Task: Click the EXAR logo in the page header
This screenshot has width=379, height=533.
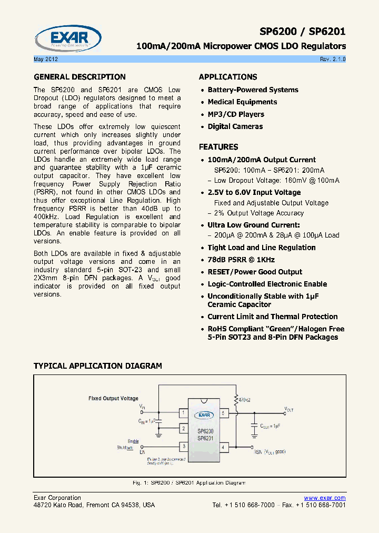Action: point(68,38)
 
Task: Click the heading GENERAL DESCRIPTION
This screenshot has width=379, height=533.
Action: point(79,77)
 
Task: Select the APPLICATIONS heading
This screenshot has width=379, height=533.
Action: point(228,77)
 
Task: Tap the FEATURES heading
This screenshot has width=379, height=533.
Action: point(218,147)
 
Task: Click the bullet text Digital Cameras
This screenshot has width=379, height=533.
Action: point(235,126)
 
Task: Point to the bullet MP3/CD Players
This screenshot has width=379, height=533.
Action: point(236,114)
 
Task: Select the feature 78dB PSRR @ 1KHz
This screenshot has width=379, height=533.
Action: point(241,260)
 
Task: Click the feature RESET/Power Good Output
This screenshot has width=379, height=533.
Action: point(255,272)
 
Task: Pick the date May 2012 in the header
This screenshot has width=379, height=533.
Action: point(45,59)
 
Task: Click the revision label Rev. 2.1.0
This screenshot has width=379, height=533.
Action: point(333,59)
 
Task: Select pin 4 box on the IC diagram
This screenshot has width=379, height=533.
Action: point(223,447)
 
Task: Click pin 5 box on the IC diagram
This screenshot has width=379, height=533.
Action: point(223,413)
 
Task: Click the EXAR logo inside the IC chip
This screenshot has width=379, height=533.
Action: point(203,414)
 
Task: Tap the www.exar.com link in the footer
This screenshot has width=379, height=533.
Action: point(325,498)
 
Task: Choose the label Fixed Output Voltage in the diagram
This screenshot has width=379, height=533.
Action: point(113,399)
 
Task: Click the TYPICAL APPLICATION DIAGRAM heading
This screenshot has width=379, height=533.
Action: point(98,366)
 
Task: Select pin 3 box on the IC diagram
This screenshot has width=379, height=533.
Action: point(183,447)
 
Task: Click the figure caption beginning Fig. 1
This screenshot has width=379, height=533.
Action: point(189,482)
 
